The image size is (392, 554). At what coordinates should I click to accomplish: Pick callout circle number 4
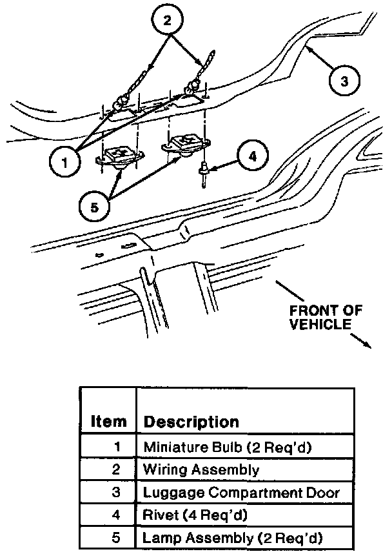pyautogui.click(x=252, y=156)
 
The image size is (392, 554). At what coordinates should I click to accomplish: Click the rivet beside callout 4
pyautogui.click(x=204, y=172)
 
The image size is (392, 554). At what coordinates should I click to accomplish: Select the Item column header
pyautogui.click(x=108, y=422)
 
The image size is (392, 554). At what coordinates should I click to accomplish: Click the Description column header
pyautogui.click(x=191, y=422)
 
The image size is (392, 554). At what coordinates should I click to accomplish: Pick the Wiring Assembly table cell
pyautogui.click(x=201, y=470)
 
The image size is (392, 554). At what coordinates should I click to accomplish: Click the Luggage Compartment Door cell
pyautogui.click(x=241, y=493)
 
